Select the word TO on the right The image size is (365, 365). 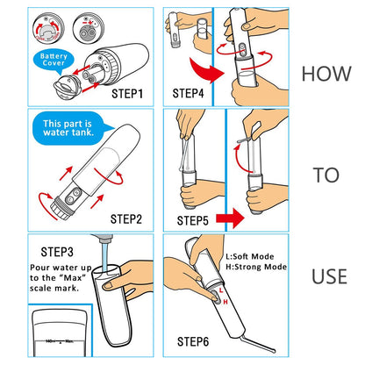click(x=326, y=175)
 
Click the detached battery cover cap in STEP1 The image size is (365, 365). click(x=64, y=89)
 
